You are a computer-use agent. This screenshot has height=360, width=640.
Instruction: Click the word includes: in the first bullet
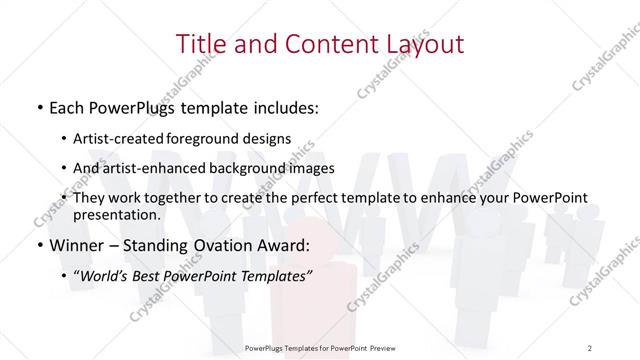(283, 105)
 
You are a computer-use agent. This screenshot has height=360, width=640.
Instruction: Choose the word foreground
(210, 138)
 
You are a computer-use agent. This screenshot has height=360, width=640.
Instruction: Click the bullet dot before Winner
(38, 245)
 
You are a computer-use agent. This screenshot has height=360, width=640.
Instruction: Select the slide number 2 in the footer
(590, 347)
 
